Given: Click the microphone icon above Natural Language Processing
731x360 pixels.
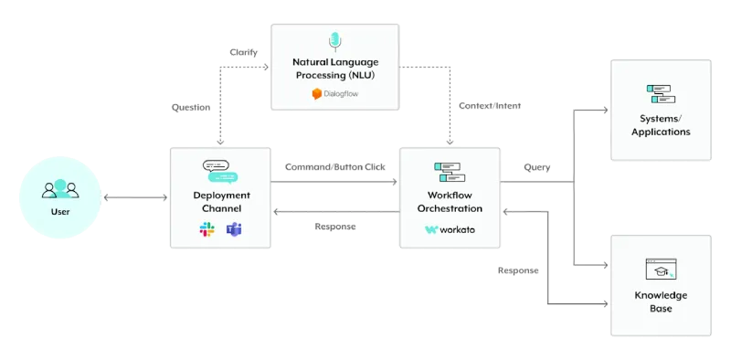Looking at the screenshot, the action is pos(334,41).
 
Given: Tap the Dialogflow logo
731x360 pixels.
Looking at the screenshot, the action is pos(335,94).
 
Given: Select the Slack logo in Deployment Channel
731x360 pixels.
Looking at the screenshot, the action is pos(207,229).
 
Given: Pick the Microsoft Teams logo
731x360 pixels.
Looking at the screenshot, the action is pos(234,229).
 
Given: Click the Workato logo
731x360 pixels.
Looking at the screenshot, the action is pos(450,229).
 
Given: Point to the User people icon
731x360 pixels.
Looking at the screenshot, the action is pos(60,189).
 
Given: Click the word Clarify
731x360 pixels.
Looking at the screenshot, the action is pos(243,52).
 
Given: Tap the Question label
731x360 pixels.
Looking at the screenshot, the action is pos(191,107).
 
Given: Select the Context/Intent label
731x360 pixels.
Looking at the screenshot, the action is pos(490,106).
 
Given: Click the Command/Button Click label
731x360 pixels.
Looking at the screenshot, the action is pos(335,167).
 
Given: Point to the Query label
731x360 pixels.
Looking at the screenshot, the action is pos(537,167).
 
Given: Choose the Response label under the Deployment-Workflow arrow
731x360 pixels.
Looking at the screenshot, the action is pos(335,227).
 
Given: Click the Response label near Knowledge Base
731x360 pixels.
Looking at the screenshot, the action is pos(518,270).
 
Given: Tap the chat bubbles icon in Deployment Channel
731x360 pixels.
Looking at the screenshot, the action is pos(220,172).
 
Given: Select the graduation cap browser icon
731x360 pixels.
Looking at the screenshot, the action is pos(661,269).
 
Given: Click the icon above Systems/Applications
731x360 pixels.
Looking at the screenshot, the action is pos(661,94).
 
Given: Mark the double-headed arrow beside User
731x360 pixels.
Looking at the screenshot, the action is pos(135,197).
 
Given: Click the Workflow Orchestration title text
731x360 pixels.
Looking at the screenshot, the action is pos(450,201).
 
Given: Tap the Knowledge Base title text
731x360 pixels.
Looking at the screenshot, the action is pos(661,302).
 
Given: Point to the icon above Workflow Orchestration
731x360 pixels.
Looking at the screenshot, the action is pos(450,172).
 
